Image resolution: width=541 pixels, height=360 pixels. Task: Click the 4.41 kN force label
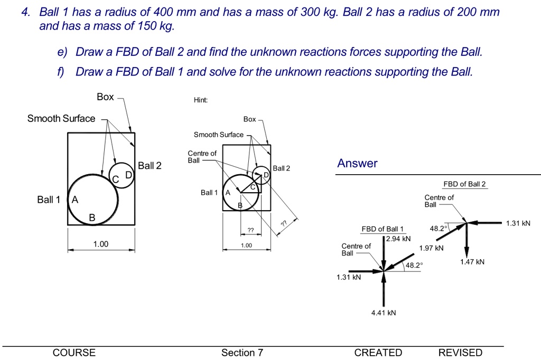point(383,313)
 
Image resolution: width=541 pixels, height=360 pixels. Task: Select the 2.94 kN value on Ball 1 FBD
point(398,239)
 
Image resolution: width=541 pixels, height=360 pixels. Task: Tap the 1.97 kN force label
point(431,248)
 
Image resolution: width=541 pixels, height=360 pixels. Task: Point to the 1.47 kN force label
point(472,262)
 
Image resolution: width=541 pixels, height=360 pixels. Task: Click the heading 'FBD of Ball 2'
point(464,184)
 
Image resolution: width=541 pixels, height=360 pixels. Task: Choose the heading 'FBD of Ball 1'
point(382,229)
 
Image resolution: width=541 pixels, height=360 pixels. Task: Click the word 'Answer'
point(358,164)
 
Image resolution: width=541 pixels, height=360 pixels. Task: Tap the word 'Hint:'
point(201,100)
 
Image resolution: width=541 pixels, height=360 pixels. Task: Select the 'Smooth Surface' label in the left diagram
point(61,119)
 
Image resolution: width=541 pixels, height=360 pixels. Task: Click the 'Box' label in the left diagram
point(105,97)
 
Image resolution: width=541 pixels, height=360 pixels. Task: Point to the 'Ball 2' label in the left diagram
point(150,166)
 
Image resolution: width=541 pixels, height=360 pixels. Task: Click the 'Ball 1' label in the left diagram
point(48,200)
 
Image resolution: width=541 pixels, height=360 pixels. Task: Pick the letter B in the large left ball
point(92,217)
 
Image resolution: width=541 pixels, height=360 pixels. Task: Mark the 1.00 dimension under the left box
point(100,244)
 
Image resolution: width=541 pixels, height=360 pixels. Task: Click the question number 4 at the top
point(25,12)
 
